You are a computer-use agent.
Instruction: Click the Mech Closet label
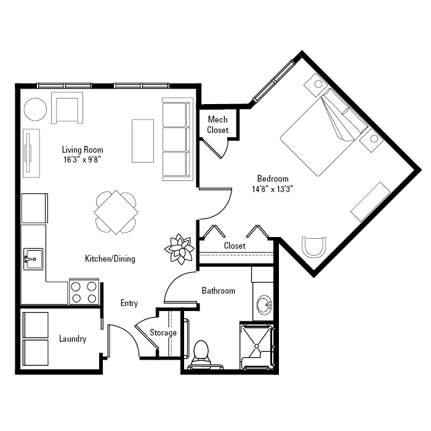coord(218,124)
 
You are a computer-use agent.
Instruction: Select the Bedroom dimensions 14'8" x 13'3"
coord(272,189)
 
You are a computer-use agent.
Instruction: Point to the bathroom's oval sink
coord(264,305)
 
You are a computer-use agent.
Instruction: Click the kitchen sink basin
coord(33,259)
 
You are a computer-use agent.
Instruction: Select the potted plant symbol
coord(180,249)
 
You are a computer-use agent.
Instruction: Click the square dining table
coord(116,212)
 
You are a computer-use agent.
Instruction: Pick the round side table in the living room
coord(35,110)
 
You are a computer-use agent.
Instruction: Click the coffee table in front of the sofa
coord(143,141)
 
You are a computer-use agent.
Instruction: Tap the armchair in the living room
coord(67,108)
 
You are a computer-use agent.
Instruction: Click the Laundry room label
coord(73,339)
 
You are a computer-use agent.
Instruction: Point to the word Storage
coord(163,333)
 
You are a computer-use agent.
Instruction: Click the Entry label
coord(129,303)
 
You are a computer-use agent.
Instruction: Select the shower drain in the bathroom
coord(257,346)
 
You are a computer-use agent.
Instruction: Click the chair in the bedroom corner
coord(314,247)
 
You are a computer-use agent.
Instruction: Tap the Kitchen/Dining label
coord(110,259)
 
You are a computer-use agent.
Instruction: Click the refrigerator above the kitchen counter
coord(34,208)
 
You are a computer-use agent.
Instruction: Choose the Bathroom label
coord(219,291)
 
